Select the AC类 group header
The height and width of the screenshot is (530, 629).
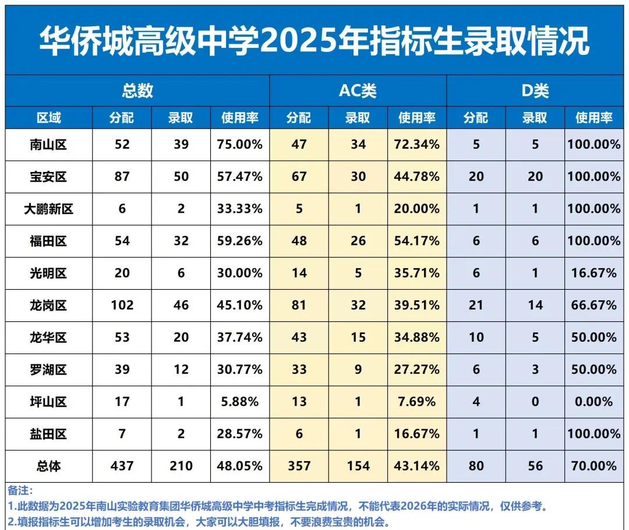358,91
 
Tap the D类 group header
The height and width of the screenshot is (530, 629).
534,91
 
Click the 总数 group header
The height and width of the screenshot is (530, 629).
137,91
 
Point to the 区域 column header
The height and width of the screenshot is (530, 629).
48,118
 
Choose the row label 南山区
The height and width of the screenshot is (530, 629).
48,145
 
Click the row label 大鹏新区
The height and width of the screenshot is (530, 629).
48,209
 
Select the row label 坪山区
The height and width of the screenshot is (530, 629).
48,402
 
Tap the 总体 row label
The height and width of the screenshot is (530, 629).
48,466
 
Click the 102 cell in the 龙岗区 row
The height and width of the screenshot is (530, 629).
122,305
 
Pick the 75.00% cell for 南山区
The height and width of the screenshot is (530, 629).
240,145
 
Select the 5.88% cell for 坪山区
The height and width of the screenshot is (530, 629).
240,402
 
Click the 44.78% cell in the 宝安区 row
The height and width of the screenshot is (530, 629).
416,177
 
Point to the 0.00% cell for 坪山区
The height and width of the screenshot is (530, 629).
593,402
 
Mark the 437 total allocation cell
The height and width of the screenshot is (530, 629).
122,466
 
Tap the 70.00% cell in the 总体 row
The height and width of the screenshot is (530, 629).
593,466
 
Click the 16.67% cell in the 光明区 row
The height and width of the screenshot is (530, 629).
593,273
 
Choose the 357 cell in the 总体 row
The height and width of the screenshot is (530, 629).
299,466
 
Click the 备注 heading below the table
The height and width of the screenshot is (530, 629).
21,491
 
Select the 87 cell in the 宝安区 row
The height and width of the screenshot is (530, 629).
122,177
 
